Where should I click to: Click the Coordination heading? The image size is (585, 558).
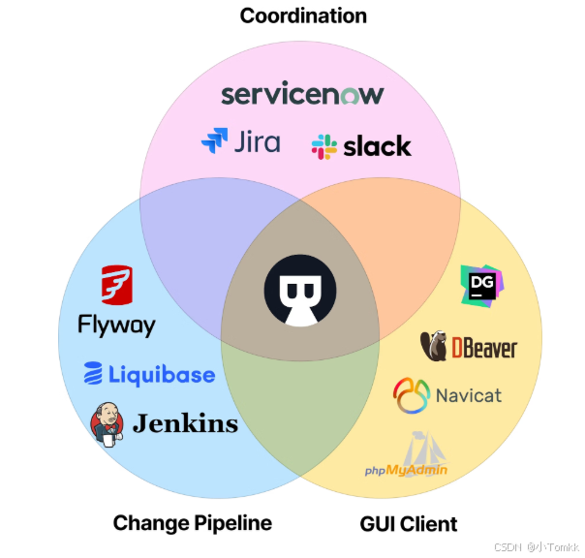(x=303, y=15)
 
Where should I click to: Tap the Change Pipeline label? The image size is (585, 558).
(x=192, y=523)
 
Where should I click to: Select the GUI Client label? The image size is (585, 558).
(x=409, y=524)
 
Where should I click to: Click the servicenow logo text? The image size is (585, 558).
(x=302, y=94)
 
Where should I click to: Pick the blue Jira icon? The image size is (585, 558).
(x=214, y=141)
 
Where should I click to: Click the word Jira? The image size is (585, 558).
(x=258, y=141)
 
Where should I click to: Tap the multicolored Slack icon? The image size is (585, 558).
(x=323, y=147)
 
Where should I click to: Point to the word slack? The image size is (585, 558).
(x=377, y=146)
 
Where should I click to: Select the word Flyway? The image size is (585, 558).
(x=116, y=325)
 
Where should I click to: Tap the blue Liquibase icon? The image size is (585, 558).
(x=93, y=374)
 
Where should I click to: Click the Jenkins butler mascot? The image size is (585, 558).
(x=108, y=423)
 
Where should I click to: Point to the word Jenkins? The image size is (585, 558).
(x=185, y=423)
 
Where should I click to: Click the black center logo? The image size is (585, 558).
(x=299, y=289)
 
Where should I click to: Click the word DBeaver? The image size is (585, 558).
(x=483, y=348)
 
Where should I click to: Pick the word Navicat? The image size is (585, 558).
(x=469, y=395)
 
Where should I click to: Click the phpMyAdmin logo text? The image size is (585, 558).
(x=407, y=470)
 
